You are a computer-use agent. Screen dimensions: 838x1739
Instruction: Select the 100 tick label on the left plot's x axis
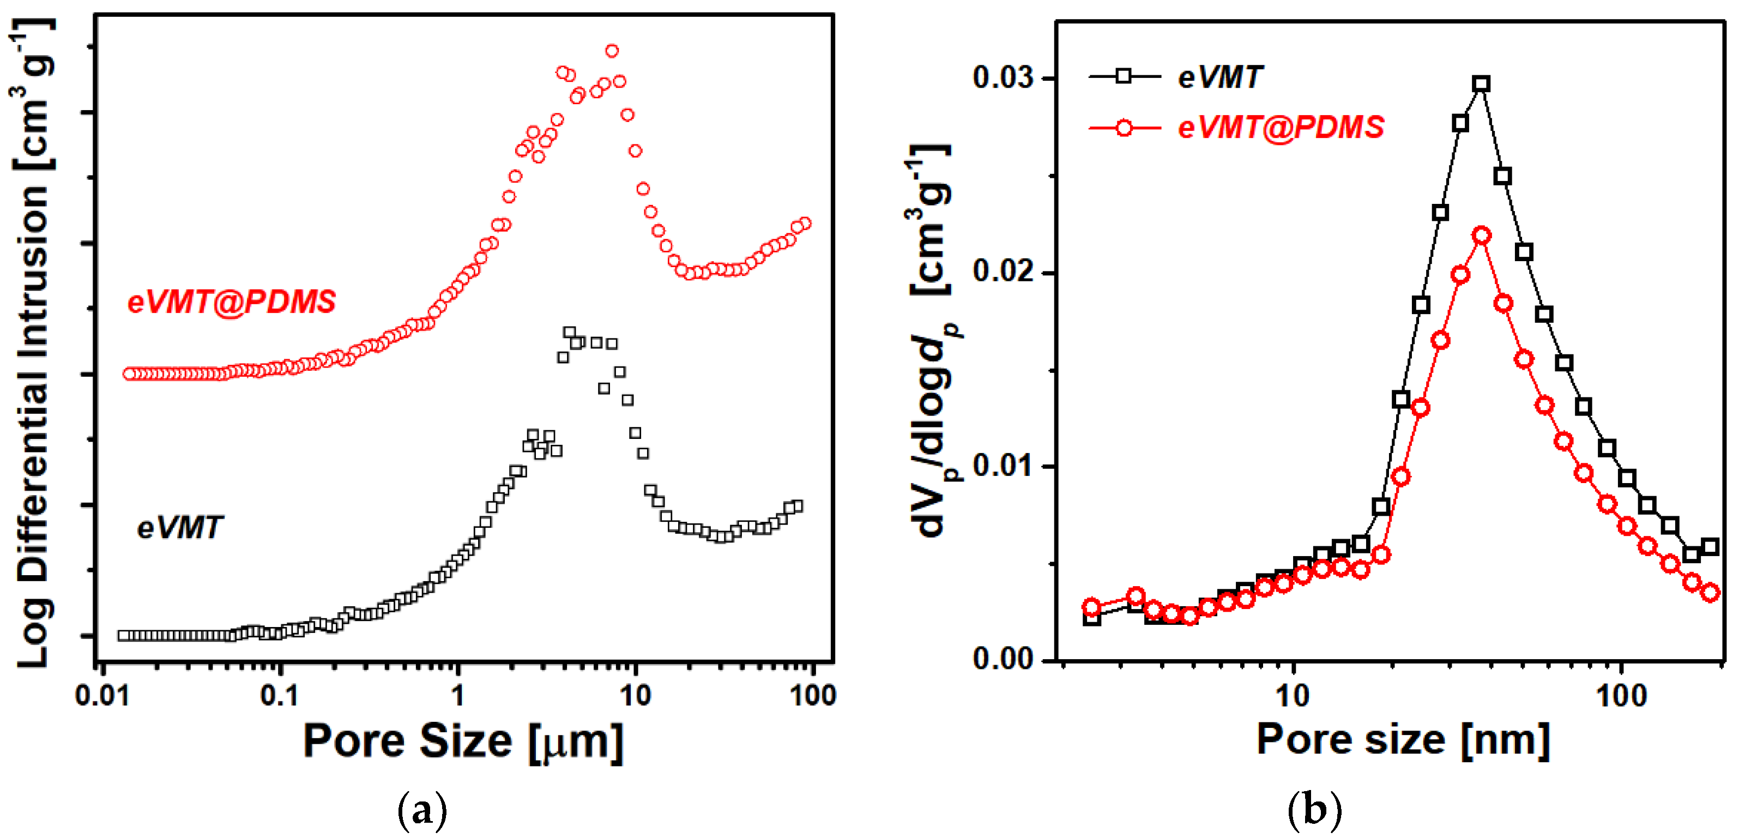click(813, 696)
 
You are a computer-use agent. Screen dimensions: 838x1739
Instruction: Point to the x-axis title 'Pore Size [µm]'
click(463, 741)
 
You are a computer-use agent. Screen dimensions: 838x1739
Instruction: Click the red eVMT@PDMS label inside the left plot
click(232, 302)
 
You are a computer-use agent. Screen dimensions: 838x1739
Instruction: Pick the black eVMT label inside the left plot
click(179, 527)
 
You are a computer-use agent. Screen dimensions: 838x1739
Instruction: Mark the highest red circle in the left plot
click(612, 51)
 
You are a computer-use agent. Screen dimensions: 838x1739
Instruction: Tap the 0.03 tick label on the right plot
click(1003, 77)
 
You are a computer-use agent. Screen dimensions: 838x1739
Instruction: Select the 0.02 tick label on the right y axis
click(1003, 271)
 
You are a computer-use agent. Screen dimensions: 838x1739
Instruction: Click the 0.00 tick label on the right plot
click(1003, 659)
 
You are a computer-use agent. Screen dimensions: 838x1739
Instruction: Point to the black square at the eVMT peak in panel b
click(1482, 85)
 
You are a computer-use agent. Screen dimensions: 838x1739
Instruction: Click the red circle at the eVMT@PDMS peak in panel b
click(1482, 236)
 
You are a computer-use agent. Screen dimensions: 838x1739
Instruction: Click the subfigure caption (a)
click(422, 810)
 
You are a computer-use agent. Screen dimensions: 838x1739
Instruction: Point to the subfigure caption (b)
click(1314, 810)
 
